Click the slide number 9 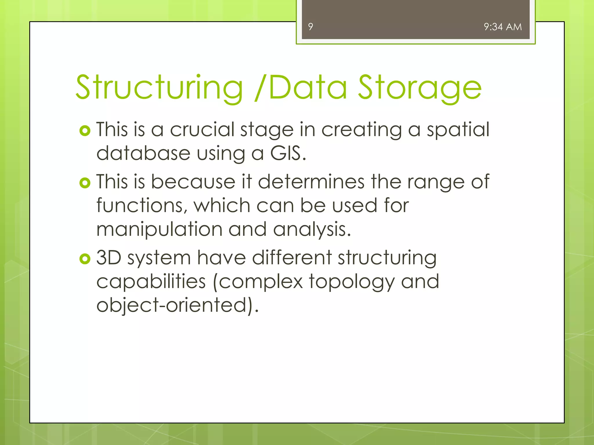[311, 27]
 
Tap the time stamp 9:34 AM [503, 27]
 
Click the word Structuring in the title [159, 87]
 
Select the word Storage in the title [420, 87]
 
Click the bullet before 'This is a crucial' [85, 131]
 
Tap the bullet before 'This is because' [85, 183]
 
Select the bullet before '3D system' [85, 259]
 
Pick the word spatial [458, 130]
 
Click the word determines [311, 182]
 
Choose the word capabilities [151, 282]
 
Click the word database [143, 153]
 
